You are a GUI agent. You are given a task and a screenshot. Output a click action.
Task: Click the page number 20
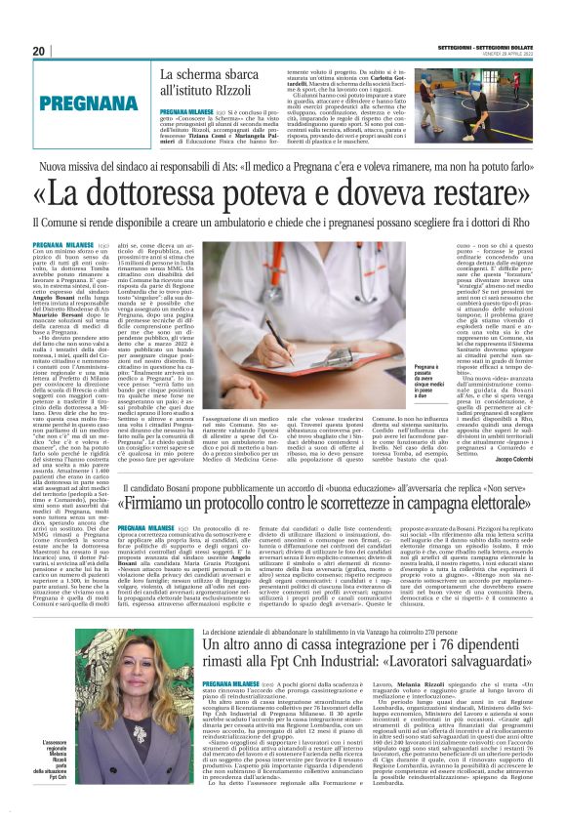[x=39, y=51]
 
